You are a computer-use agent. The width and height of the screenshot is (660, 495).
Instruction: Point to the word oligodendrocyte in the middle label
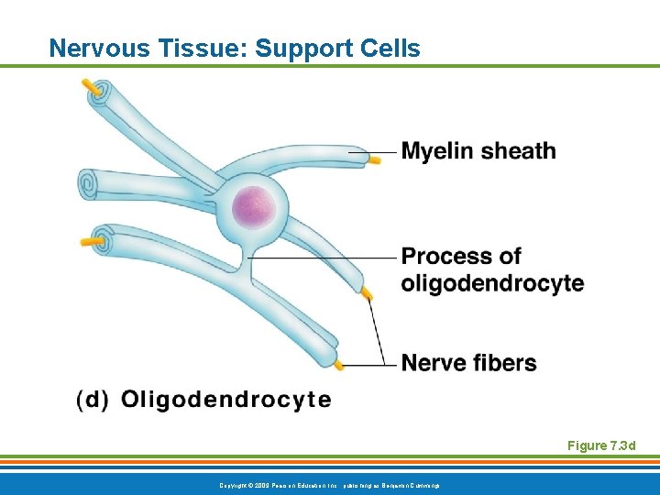click(492, 283)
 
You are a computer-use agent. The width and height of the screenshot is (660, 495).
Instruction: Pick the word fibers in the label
click(505, 363)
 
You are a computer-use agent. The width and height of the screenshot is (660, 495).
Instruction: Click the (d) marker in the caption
click(93, 400)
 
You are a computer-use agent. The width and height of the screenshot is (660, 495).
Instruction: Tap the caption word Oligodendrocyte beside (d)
click(225, 400)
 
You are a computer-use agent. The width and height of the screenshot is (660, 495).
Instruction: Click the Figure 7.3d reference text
click(601, 446)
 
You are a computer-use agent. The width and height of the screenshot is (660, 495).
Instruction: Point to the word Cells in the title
click(391, 48)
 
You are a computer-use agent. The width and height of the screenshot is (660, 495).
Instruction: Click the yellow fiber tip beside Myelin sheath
click(374, 160)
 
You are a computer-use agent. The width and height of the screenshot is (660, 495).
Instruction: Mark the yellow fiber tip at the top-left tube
click(92, 87)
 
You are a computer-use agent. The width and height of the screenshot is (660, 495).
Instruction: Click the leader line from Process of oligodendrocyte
click(321, 258)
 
